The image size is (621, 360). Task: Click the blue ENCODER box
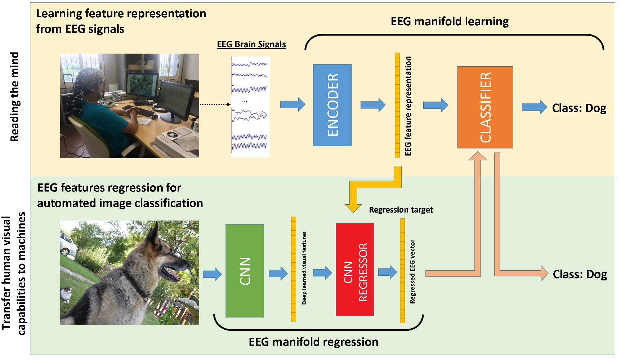click(332, 105)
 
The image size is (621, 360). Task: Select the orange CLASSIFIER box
click(485, 107)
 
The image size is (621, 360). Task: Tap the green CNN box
click(245, 271)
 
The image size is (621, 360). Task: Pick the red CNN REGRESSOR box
click(354, 270)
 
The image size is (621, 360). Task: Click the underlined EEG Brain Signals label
click(251, 44)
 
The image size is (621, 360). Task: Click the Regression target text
click(401, 210)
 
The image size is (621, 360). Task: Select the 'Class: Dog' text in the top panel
click(579, 108)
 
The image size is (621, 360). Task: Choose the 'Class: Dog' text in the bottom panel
click(580, 274)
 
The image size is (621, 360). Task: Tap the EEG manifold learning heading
click(449, 22)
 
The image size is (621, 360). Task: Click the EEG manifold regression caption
click(313, 342)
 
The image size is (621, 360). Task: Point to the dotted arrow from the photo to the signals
click(215, 105)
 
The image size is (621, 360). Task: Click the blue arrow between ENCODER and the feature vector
click(372, 105)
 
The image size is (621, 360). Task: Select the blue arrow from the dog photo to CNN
click(212, 274)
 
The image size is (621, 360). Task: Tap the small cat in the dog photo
click(66, 294)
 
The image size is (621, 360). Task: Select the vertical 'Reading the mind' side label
click(14, 97)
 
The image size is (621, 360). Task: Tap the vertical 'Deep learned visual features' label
click(304, 268)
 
